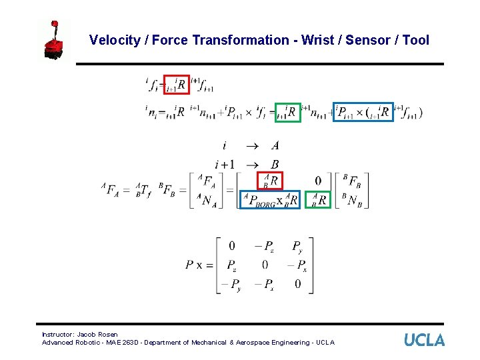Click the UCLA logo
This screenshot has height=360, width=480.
coord(424,340)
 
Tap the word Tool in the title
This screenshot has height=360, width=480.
coord(416,40)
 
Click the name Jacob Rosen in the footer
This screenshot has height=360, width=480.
coord(97,334)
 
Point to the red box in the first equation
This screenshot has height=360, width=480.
coord(177,85)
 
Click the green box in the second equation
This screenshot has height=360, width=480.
coord(288,112)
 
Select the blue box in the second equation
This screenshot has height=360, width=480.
coord(364,112)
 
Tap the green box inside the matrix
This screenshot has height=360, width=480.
coord(319,199)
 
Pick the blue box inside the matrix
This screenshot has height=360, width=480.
coord(270,200)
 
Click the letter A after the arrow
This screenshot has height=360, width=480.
coord(275,146)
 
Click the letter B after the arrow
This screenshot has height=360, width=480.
coord(275,164)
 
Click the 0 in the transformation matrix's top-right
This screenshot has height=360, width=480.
coord(318,180)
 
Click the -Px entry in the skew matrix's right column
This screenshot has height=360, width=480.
coord(297,265)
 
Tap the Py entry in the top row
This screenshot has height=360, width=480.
coord(297,246)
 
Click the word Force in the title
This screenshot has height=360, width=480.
coord(169,40)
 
